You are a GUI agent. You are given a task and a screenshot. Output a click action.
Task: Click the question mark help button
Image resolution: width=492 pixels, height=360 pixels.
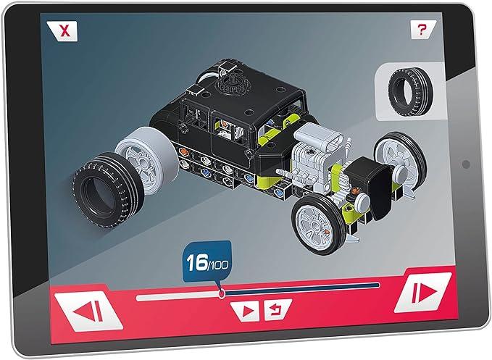coord(420,30)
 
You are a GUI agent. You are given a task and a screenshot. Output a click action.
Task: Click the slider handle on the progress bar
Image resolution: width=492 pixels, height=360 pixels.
coord(222,293)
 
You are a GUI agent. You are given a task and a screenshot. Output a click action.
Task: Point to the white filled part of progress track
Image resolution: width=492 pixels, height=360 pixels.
coord(178,296)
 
